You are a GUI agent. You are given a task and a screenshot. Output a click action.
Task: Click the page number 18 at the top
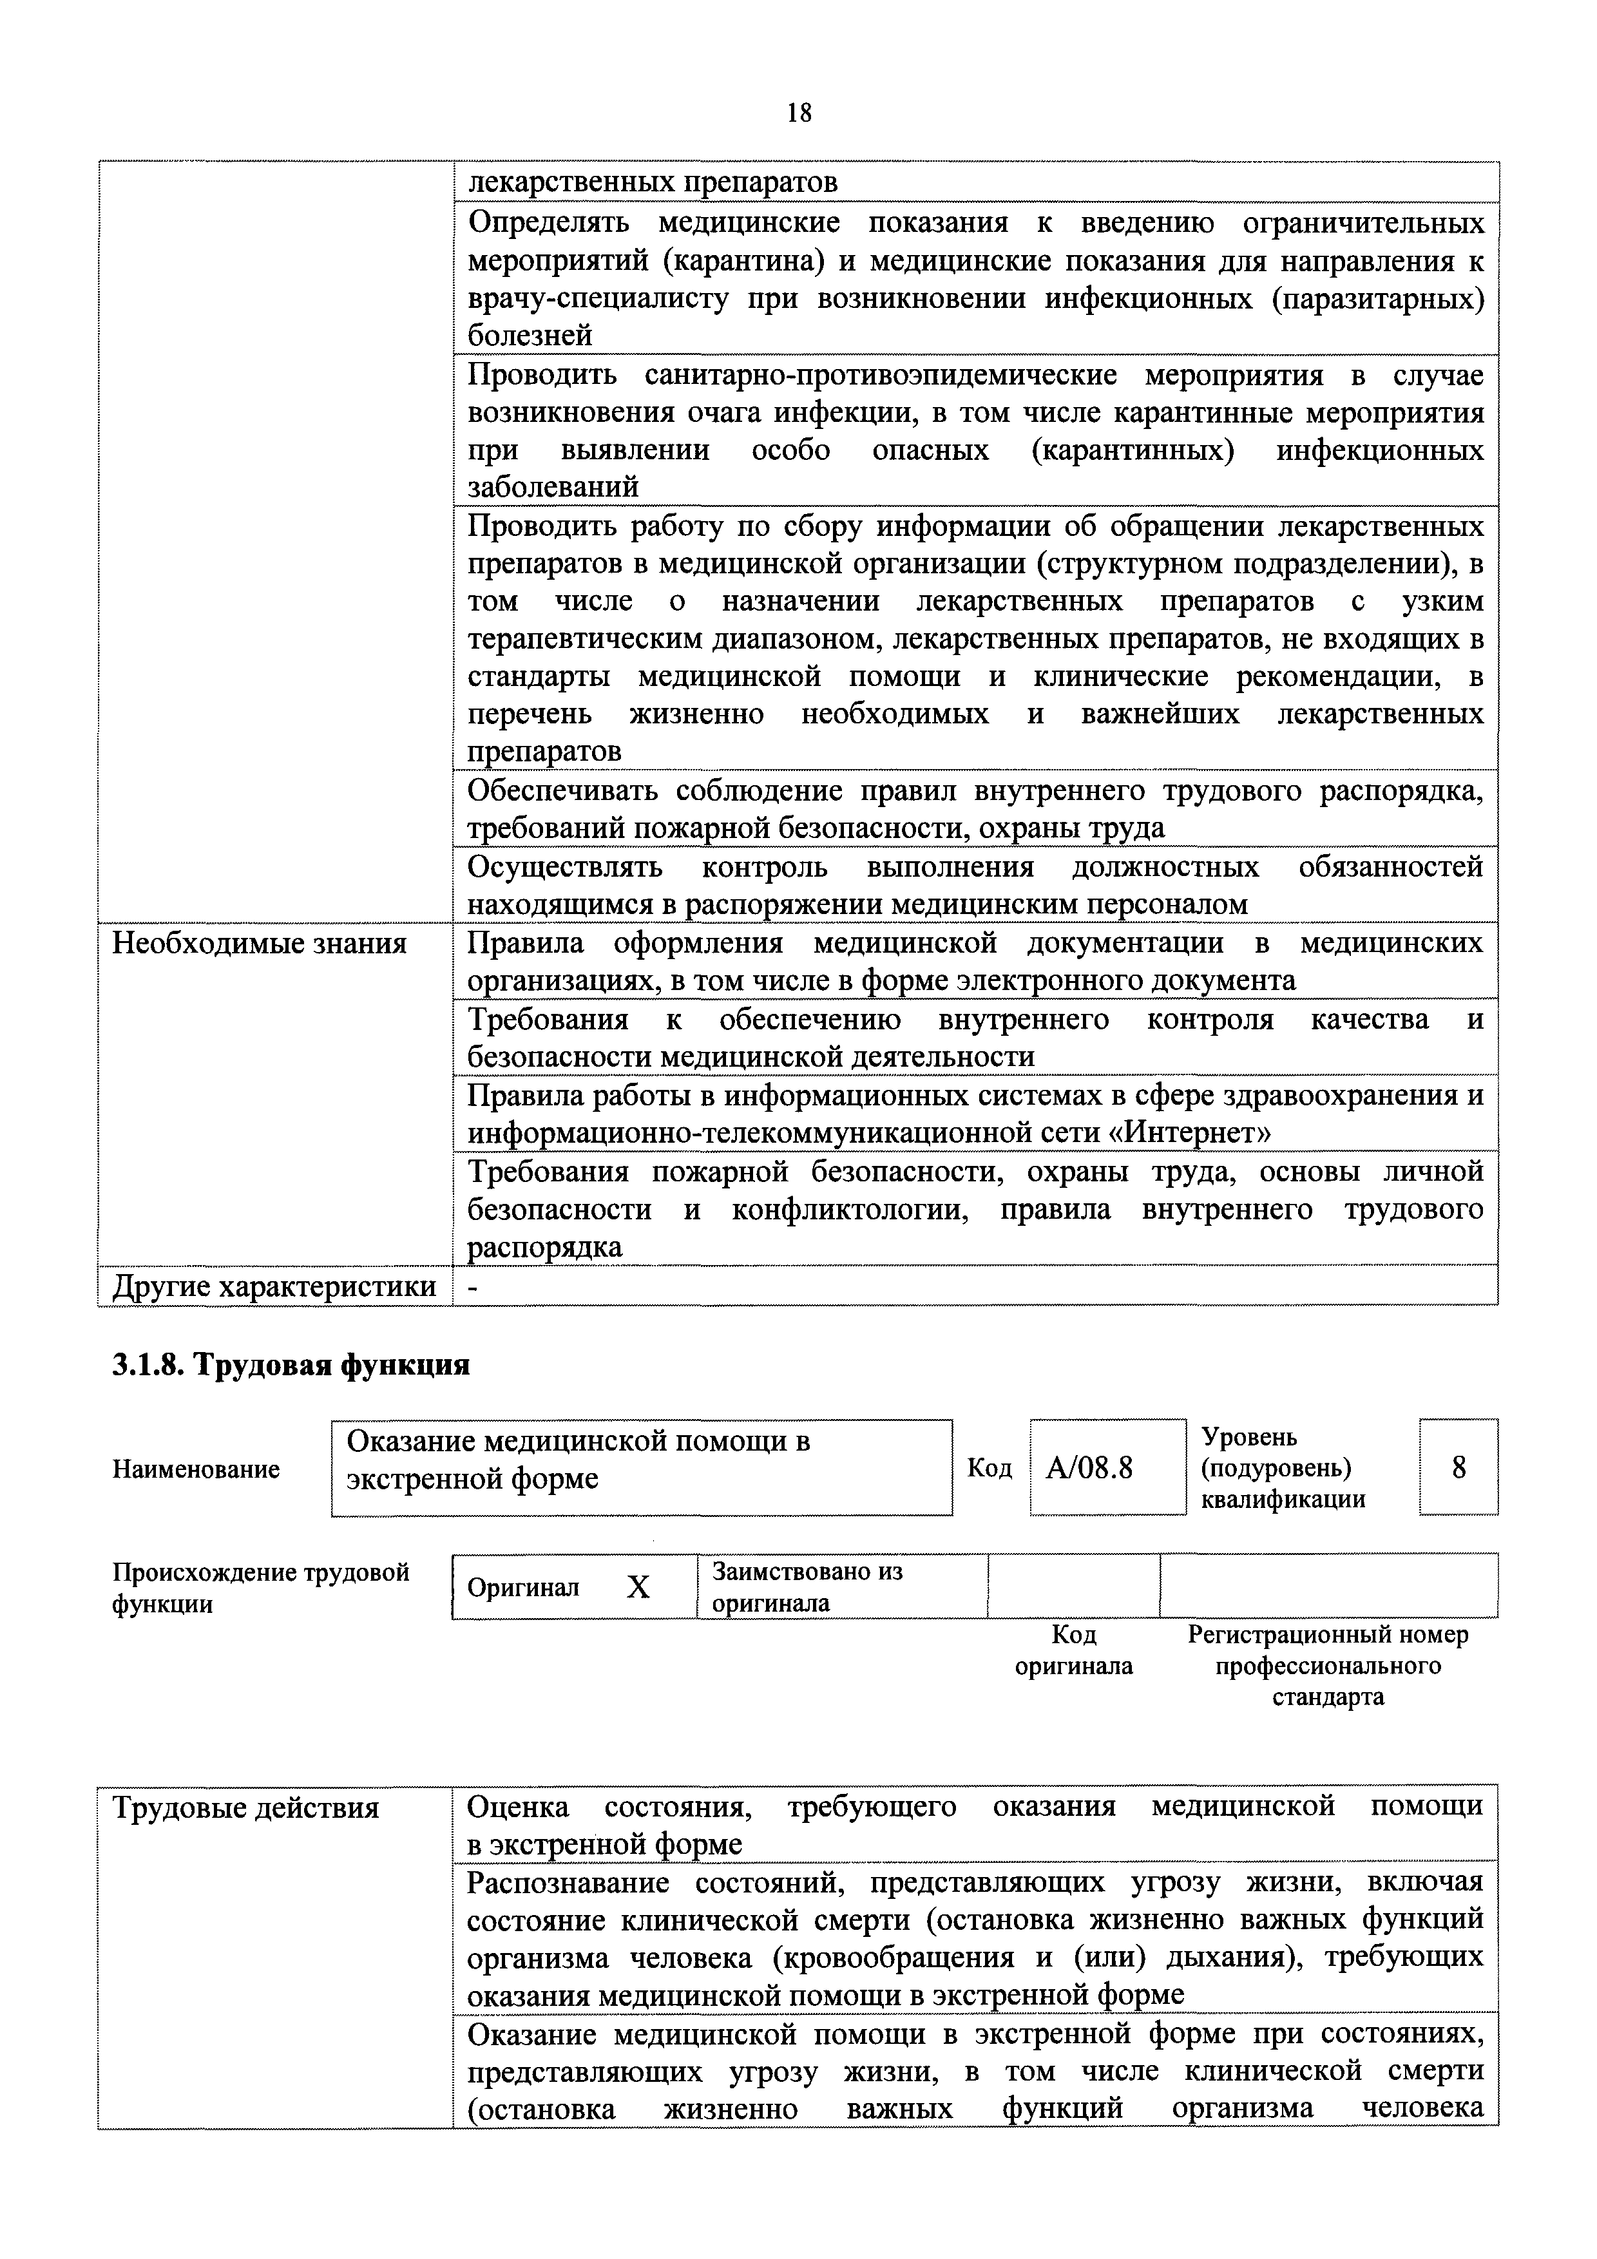point(799,113)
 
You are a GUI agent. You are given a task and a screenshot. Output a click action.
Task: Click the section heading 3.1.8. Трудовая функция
point(291,1365)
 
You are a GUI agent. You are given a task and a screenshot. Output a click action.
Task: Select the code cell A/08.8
point(1089,1468)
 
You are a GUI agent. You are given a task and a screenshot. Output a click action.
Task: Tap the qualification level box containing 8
point(1458,1468)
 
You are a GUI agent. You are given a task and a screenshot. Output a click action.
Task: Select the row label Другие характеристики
point(274,1286)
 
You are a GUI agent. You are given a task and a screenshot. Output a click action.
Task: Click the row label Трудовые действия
point(245,1808)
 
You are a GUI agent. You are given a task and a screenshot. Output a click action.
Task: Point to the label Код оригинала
point(1073,1650)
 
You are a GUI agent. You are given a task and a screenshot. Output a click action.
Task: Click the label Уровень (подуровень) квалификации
point(1283,1468)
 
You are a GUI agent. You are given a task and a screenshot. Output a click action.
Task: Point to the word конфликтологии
point(849,1209)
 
